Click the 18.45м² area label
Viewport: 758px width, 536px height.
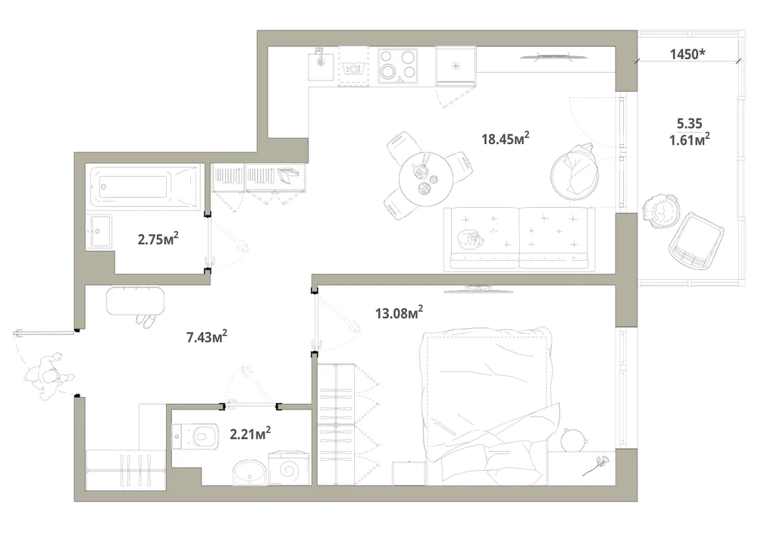[x=505, y=139]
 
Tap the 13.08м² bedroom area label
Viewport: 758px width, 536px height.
[x=399, y=312]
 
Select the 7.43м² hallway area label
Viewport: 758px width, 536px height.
[x=207, y=337]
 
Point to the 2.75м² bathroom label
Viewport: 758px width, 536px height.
[x=158, y=238]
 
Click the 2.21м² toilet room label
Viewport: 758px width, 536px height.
[x=250, y=434]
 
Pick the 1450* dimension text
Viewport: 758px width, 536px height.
[x=687, y=54]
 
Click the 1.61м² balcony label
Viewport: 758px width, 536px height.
[x=689, y=139]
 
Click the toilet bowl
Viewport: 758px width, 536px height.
[x=196, y=436]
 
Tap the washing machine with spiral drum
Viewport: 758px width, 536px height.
[x=289, y=468]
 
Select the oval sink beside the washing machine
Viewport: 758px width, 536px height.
[x=249, y=472]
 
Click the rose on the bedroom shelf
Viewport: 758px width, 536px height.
[x=595, y=465]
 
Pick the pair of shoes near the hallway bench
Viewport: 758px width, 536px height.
[x=146, y=320]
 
